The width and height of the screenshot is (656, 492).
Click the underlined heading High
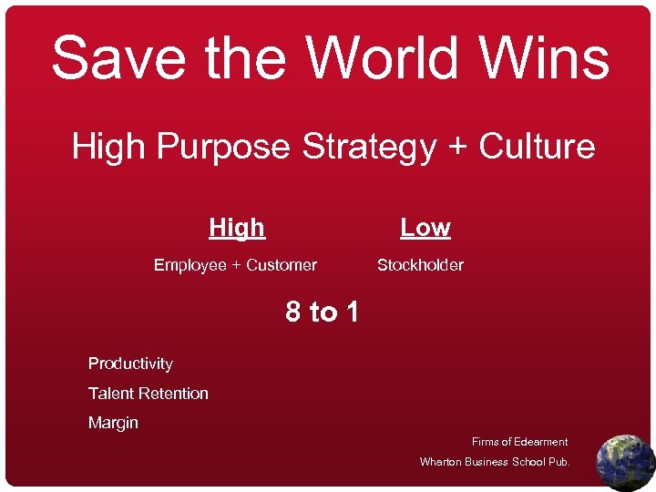[x=237, y=227]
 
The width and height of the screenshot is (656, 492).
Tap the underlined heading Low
[x=425, y=227]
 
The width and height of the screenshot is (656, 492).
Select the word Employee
[x=190, y=265]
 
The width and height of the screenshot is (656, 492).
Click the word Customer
[x=282, y=265]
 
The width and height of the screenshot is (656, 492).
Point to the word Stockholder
[x=420, y=265]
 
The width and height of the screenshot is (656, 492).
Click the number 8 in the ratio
[x=293, y=313]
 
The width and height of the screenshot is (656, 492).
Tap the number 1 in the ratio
[x=351, y=313]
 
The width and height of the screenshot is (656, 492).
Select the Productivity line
[x=130, y=364]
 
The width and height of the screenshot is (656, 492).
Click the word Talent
[x=110, y=394]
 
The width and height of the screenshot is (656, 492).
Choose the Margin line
[x=113, y=423]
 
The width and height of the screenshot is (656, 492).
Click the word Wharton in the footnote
[x=441, y=462]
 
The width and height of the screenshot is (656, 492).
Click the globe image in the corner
[x=625, y=462]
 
